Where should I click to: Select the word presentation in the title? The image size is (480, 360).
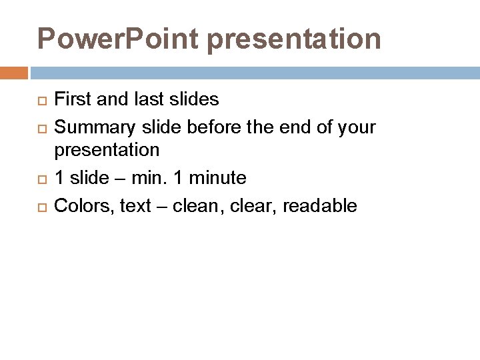coord(294,39)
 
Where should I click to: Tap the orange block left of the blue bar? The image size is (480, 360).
coord(14,72)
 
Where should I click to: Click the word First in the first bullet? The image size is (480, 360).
coord(71,99)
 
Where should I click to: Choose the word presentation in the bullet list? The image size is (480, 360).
coord(107,150)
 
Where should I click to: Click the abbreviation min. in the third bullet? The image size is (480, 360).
coord(150,178)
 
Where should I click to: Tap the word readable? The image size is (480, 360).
coord(320,206)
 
